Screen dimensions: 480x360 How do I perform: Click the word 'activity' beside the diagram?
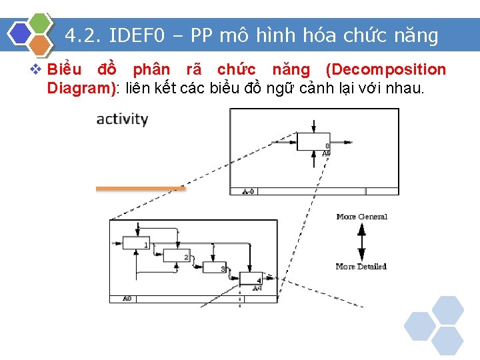point(122,119)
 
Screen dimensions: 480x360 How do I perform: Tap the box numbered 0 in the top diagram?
point(313,142)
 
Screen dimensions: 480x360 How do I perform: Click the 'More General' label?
point(361,217)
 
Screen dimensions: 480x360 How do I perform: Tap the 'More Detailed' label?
point(361,267)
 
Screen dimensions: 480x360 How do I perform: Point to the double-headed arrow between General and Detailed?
point(361,241)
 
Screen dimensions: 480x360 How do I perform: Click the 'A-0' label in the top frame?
point(247,191)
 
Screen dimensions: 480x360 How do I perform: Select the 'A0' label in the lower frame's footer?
point(127,299)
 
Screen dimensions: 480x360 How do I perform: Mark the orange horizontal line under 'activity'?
point(140,189)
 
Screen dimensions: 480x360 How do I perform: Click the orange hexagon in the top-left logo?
point(40,45)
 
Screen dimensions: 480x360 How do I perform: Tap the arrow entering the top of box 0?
point(314,126)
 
